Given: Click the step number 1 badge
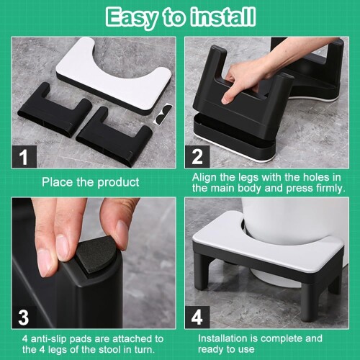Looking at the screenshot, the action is coord(24,156).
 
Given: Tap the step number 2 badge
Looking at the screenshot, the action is coord(197,156).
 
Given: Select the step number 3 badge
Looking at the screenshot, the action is coord(24,317).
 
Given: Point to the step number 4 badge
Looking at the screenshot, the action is coord(197,317).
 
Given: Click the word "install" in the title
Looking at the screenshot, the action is coord(222,17).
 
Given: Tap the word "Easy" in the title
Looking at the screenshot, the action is coord(132,18).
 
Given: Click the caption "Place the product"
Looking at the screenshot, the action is coord(91,182).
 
